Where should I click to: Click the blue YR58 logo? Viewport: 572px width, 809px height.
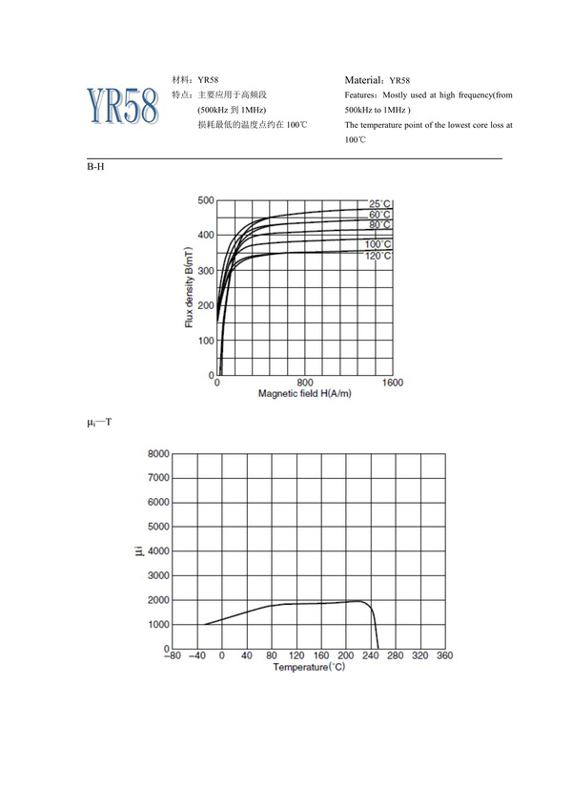click(x=121, y=106)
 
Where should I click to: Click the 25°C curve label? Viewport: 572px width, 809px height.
click(x=380, y=204)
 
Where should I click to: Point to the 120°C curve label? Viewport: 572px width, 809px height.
click(x=378, y=257)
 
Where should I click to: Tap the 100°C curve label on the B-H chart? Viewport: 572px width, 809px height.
click(x=378, y=245)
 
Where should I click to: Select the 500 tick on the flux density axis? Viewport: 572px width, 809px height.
click(x=206, y=200)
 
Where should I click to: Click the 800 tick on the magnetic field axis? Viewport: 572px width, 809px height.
click(x=305, y=383)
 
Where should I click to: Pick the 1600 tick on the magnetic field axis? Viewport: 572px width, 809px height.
click(x=392, y=383)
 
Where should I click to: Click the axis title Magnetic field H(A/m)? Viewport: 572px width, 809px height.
click(x=305, y=394)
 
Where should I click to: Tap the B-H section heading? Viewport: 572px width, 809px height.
click(x=94, y=167)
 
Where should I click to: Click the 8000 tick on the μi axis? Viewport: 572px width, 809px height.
click(x=156, y=453)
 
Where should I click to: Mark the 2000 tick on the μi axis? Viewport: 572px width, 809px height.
click(x=156, y=600)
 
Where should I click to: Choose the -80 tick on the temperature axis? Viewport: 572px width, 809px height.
click(x=172, y=656)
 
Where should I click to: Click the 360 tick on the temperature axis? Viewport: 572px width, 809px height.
click(x=444, y=656)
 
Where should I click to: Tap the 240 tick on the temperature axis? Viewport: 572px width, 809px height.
click(x=370, y=656)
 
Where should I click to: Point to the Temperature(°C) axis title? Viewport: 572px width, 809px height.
click(x=308, y=668)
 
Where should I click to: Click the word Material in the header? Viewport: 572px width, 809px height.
click(x=365, y=80)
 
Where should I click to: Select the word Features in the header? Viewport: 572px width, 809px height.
click(x=362, y=95)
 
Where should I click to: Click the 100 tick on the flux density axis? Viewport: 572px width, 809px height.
click(x=206, y=341)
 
